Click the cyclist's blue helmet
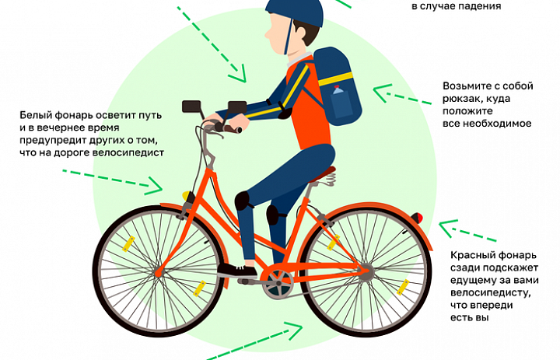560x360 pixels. click(295, 12)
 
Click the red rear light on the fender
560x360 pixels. click(417, 218)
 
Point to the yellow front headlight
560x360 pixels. click(186, 196)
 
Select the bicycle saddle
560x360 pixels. click(323, 175)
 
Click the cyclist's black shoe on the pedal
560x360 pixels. click(237, 271)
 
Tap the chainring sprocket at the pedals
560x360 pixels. click(278, 283)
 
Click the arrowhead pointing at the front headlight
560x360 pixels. click(154, 185)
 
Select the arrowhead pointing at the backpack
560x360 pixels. click(381, 93)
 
